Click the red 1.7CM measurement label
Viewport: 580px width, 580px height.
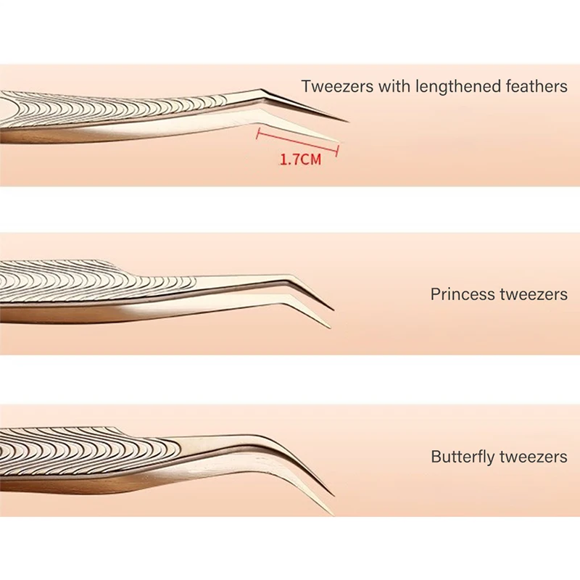[300, 159]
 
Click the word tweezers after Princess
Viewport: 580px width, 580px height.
[533, 295]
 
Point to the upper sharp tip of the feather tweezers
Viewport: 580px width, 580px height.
[347, 120]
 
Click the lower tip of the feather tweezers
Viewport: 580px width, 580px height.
[336, 141]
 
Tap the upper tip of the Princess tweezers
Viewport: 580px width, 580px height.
[333, 310]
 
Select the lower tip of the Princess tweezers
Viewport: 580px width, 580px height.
[331, 327]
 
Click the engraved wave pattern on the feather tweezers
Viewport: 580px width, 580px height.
[109, 109]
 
